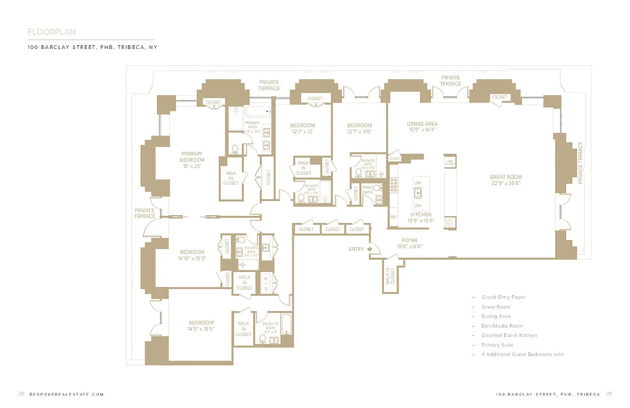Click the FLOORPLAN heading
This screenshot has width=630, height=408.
click(51, 32)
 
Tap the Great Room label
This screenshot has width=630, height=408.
click(506, 180)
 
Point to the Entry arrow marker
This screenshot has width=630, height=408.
click(371, 249)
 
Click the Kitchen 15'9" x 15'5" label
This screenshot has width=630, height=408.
click(421, 218)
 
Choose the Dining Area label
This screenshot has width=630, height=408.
click(422, 126)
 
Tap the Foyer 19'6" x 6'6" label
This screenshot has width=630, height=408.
click(409, 243)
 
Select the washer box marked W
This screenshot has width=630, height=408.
click(265, 278)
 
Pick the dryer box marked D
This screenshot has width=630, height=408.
click(265, 289)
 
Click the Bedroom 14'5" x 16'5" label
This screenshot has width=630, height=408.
click(201, 326)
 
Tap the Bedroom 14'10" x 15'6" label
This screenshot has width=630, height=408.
click(191, 255)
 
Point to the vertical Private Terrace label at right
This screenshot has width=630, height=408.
click(580, 163)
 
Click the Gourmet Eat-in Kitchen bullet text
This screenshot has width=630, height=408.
click(509, 336)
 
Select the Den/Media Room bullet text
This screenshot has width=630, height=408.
click(502, 326)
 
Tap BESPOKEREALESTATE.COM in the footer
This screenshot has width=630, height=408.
click(67, 394)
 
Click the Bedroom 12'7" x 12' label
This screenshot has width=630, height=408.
click(303, 129)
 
